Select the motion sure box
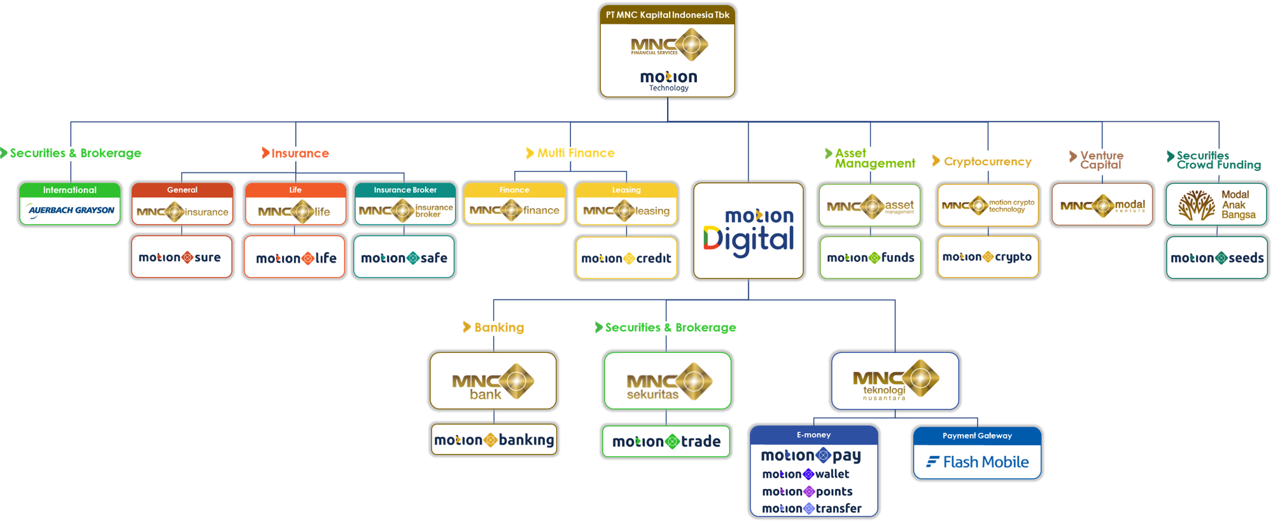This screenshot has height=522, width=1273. point(181,258)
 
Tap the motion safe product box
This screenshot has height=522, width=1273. point(404,258)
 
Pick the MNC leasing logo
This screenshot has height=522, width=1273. point(626,210)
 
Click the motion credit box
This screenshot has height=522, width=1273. point(626,258)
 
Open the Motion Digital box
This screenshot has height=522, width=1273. point(749,231)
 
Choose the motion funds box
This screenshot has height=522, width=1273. point(870,258)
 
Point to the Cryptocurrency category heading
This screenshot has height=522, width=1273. point(987,161)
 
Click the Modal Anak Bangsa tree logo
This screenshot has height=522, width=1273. point(1196,205)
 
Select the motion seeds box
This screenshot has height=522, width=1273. point(1217,258)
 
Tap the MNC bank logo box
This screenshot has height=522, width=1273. point(493,381)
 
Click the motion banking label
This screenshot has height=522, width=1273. point(494,440)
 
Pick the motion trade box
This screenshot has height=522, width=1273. point(666,441)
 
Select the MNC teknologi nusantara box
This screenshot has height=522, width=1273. point(895,381)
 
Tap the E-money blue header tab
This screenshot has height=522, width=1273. point(814,435)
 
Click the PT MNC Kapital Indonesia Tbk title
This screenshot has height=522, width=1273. point(667,15)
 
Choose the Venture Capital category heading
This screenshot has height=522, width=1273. point(1101,160)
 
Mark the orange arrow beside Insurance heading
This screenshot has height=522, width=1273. point(265,153)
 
